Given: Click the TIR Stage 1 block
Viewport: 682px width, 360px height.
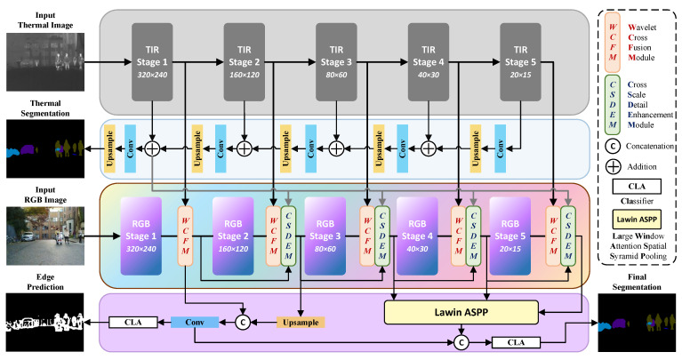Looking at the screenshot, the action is point(152,62).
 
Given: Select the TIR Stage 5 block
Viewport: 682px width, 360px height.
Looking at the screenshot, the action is point(521,62).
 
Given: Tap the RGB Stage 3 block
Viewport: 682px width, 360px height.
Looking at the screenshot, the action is point(325,236).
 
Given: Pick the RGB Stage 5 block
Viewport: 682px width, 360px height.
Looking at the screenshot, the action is point(509,236).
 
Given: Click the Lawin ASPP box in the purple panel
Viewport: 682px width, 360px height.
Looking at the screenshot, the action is point(461,312).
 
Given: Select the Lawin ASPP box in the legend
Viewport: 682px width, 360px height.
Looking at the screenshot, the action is point(637,220).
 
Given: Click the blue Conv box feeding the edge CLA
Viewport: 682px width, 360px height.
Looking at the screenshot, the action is point(195,322).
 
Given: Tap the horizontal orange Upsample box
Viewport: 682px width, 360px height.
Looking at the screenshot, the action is point(301,322).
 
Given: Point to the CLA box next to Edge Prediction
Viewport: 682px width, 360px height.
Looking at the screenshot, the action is point(133,322).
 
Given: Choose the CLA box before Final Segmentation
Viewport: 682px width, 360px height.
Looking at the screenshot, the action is point(516,342).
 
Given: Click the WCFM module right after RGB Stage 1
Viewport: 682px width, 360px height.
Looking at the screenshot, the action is point(185,236).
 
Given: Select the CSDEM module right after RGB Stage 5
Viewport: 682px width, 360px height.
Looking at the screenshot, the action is point(568,236).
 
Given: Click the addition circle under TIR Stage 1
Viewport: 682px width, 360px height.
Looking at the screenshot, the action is point(152,148).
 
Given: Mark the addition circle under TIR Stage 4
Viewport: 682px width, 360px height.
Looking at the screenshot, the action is point(429,148).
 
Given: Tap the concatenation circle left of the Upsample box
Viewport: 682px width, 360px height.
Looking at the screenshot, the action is point(243,322).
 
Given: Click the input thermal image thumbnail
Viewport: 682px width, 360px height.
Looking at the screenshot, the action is point(45,62).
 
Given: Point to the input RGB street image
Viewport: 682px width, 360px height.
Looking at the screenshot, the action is point(45,236).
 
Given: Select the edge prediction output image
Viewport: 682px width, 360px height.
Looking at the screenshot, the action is point(45,322).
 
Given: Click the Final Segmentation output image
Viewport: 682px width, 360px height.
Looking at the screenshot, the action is point(638,323).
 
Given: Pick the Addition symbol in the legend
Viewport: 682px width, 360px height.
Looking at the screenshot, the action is point(613,166).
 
